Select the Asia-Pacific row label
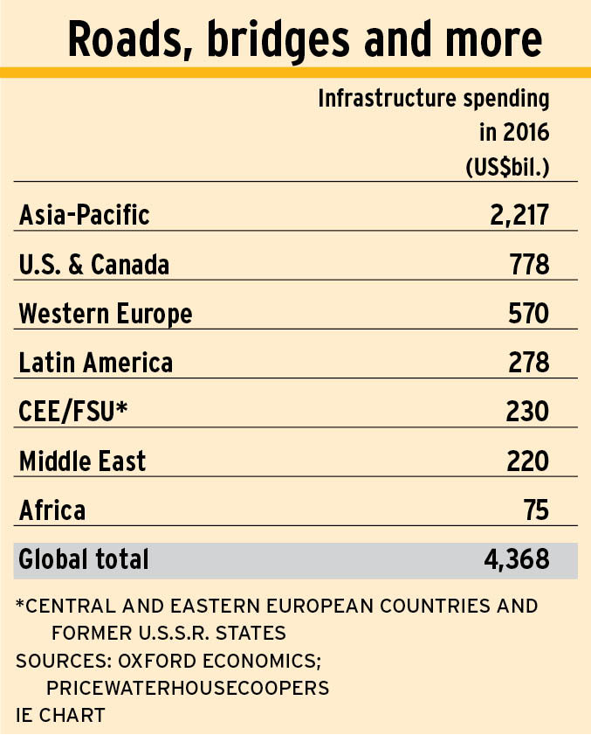click(84, 215)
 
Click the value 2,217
click(519, 215)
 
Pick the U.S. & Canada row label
click(93, 264)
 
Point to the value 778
click(529, 264)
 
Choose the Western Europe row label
click(106, 313)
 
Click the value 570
click(529, 313)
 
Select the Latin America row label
click(96, 362)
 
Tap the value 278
click(529, 362)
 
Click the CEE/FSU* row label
click(73, 411)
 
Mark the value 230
click(528, 411)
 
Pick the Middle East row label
click(83, 460)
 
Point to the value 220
click(528, 460)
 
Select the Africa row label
click(52, 509)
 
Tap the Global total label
click(84, 559)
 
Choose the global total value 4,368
click(517, 559)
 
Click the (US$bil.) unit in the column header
click(507, 166)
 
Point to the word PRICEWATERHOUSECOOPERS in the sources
click(188, 688)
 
